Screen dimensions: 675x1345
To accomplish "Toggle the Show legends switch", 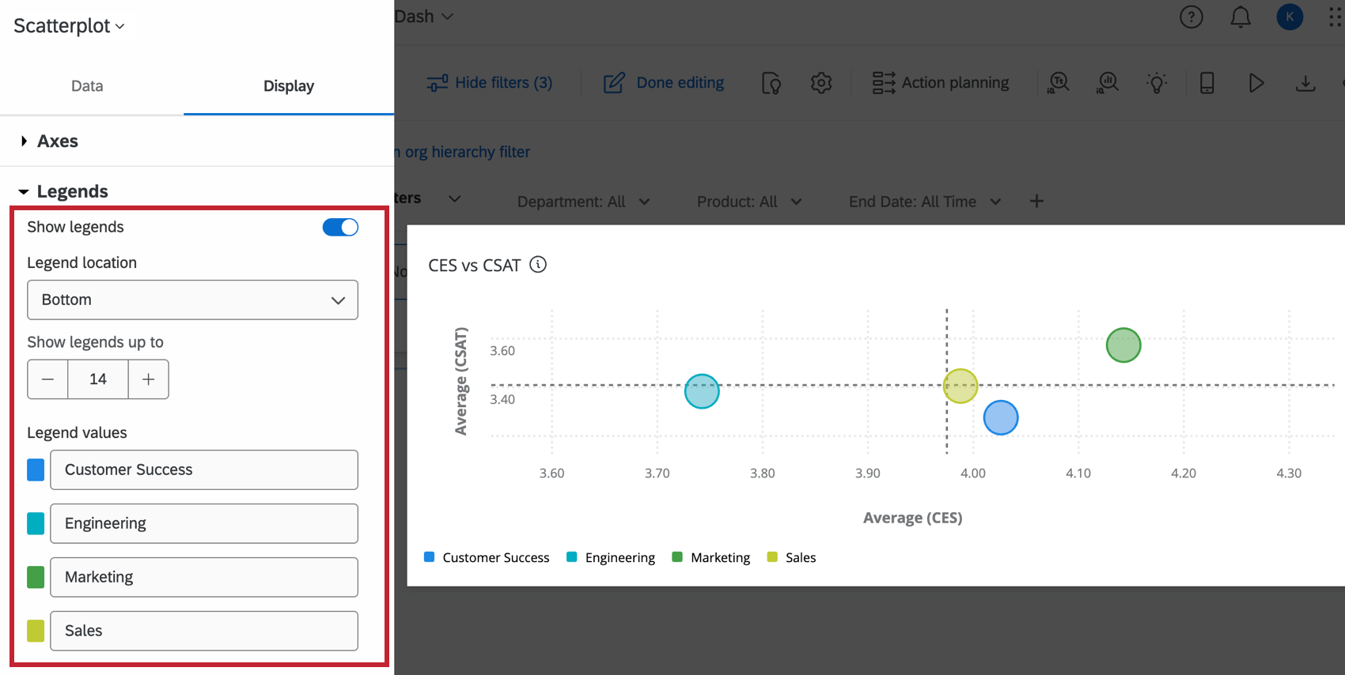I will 340,228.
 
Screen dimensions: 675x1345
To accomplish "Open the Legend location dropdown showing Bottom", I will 192,300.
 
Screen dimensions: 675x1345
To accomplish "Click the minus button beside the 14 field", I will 47,379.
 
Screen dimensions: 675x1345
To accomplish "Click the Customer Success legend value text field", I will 203,470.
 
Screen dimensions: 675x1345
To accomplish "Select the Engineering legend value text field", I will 203,524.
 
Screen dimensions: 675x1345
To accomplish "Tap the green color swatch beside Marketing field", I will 36,577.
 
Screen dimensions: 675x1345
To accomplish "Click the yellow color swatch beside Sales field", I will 36,631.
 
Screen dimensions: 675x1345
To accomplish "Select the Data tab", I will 87,86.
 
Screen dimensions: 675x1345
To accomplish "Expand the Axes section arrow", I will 25,141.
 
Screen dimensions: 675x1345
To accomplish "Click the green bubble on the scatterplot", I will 1123,345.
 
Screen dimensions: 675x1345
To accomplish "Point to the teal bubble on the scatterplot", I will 702,391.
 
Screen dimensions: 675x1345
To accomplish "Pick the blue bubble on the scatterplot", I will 1001,418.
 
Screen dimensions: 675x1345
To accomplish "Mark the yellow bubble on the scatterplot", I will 960,387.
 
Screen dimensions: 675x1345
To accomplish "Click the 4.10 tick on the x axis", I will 1078,473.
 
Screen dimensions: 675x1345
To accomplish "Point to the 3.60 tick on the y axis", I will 502,351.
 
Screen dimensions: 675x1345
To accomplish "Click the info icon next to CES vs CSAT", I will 538,265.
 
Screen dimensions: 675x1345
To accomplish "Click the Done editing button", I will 664,83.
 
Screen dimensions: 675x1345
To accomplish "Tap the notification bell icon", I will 1240,17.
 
